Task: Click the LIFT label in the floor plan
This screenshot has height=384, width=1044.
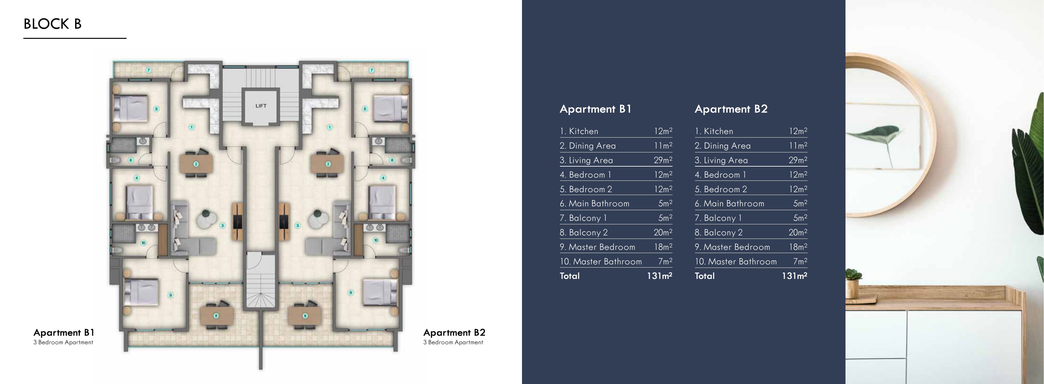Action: (261, 106)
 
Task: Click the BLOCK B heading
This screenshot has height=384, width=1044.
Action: (53, 24)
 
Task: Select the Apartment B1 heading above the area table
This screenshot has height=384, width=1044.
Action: (595, 109)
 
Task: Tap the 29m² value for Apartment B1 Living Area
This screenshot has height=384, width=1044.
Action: (663, 160)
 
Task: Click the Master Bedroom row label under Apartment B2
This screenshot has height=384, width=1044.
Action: (736, 247)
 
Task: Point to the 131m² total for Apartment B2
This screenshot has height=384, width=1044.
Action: (794, 276)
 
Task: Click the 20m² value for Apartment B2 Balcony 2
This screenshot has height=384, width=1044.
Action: (798, 233)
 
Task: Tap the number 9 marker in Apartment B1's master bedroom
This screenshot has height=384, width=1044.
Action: (171, 295)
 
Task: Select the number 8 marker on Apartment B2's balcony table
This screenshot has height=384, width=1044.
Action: (305, 316)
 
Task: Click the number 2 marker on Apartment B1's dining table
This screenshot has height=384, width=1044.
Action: (196, 164)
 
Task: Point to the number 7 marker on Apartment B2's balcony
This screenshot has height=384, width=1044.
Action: (372, 70)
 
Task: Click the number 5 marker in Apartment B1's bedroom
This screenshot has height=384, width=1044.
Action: (157, 109)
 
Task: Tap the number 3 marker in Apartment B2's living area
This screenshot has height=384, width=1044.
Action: (298, 226)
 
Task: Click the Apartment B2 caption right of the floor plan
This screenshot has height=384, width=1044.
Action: (454, 333)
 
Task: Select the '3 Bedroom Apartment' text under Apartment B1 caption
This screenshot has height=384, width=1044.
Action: (63, 342)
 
